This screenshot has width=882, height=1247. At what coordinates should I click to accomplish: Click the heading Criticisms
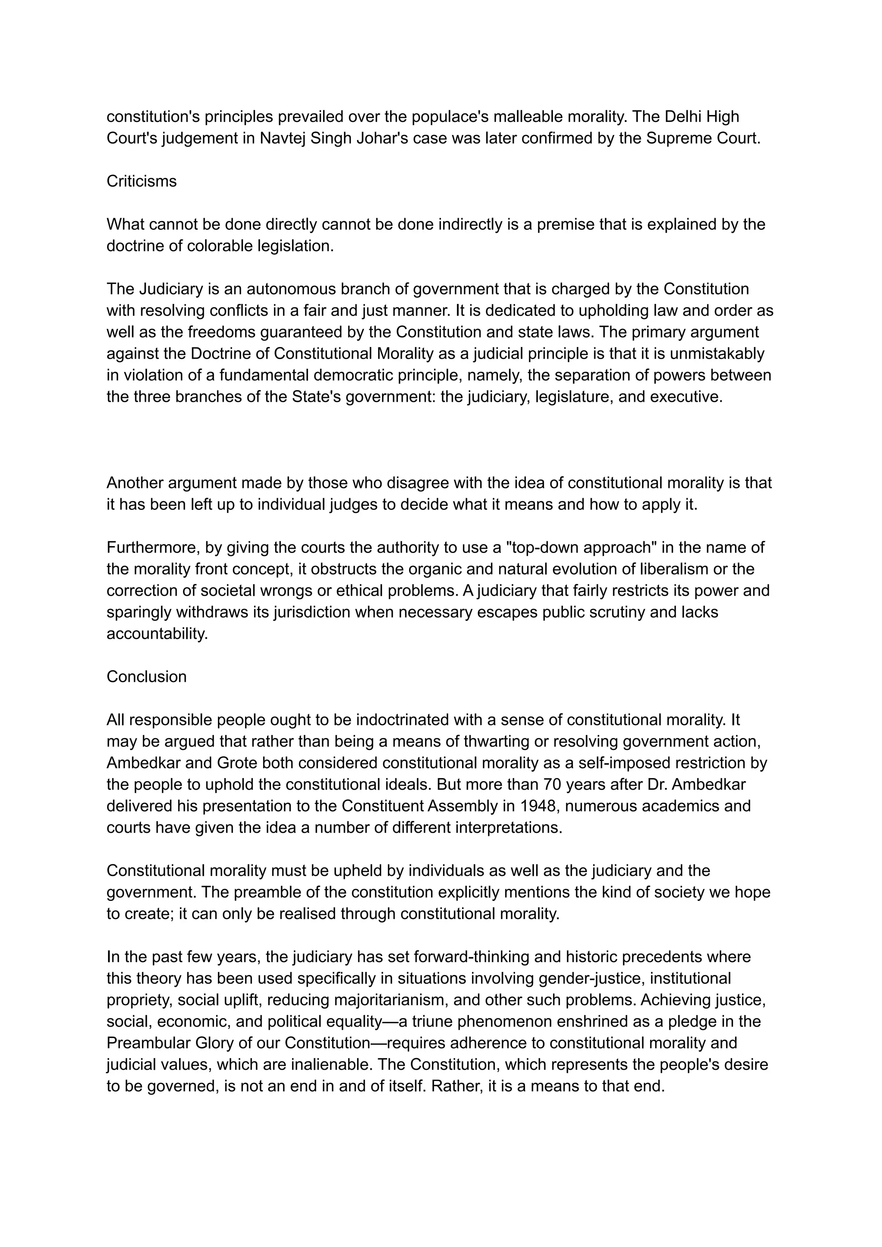[141, 181]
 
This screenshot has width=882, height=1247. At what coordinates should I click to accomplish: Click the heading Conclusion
[146, 677]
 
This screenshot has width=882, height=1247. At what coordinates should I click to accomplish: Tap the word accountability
[157, 634]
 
